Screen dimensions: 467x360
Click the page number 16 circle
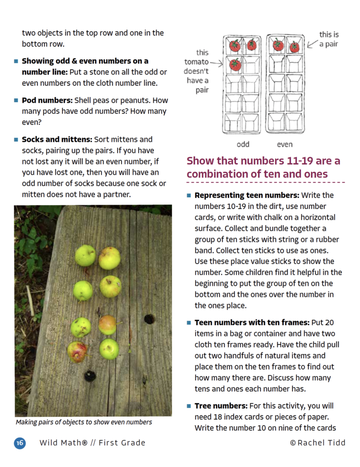click(x=20, y=443)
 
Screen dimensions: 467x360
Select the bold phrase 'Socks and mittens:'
click(x=57, y=140)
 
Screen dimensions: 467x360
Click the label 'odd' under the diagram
click(x=243, y=144)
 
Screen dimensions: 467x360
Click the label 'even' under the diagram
click(x=285, y=144)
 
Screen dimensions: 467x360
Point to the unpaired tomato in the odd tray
click(x=235, y=65)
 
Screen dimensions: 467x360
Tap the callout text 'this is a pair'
click(x=330, y=39)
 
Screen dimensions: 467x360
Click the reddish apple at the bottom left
click(x=76, y=351)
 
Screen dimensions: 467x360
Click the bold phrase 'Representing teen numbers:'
click(x=247, y=195)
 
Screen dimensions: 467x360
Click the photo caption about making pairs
click(x=84, y=422)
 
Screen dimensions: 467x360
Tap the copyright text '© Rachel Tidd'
click(x=317, y=443)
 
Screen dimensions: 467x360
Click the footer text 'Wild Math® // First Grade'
click(x=92, y=443)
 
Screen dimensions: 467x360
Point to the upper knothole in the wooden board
click(x=149, y=319)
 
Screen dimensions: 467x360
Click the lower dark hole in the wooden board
click(x=90, y=375)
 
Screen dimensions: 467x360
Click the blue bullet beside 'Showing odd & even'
click(x=16, y=61)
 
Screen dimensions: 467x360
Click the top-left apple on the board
click(x=85, y=255)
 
